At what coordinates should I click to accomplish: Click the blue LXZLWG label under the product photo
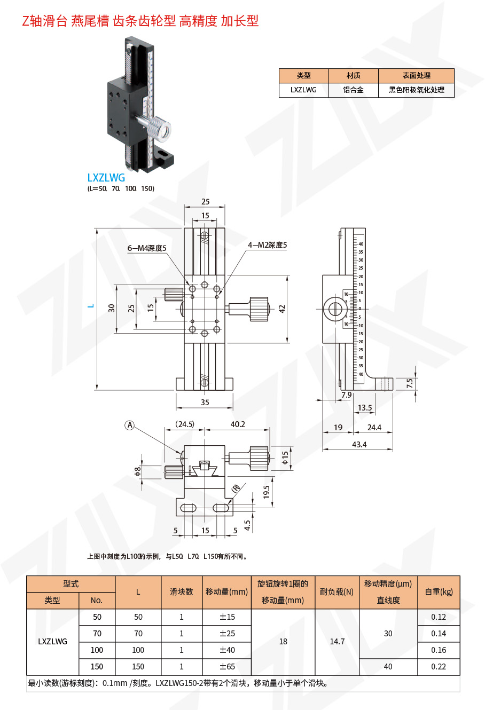coord(106,178)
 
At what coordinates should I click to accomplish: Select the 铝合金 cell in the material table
coord(353,90)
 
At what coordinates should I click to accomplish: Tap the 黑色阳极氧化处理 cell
coord(416,90)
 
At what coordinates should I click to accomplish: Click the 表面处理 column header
coord(416,76)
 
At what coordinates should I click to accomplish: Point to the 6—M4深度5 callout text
coord(147,248)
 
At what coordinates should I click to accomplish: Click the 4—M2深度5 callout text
coord(267,245)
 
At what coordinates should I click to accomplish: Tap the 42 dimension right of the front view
coord(282,309)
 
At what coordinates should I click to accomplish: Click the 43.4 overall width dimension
coord(359,444)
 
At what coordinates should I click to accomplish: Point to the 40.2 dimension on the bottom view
coord(238,424)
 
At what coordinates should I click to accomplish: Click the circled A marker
coord(129,425)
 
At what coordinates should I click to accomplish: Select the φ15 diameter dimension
coord(285,457)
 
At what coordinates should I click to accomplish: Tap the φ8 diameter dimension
coord(138,471)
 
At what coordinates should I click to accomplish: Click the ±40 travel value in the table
coord(227,650)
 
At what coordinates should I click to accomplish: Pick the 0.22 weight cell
coord(438,667)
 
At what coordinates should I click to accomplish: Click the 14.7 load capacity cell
coord(337,642)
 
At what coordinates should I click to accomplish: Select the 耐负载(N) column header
coord(337,592)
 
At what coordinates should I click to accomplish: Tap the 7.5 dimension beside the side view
coord(410,383)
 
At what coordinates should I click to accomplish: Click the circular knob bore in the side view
coord(336,309)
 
